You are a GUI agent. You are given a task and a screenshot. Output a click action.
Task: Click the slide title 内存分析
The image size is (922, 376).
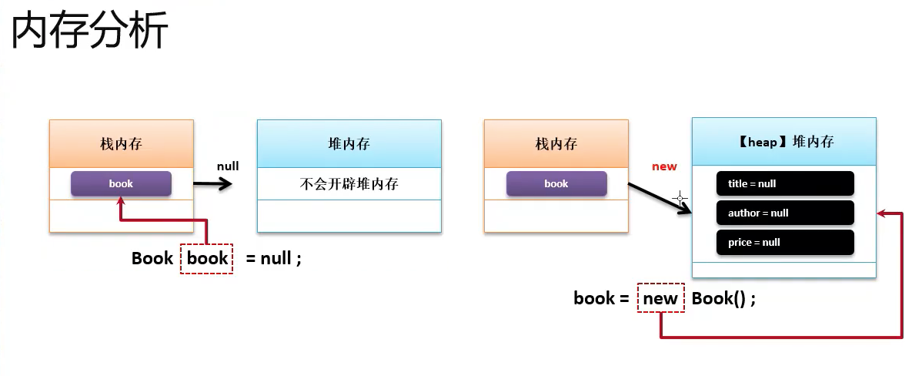tap(90, 32)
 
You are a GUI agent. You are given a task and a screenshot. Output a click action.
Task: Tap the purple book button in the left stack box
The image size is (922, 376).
tap(121, 183)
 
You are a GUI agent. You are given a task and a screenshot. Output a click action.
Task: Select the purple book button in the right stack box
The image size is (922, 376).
tap(556, 183)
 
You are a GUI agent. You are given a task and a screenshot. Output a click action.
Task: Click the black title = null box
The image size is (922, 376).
tap(785, 183)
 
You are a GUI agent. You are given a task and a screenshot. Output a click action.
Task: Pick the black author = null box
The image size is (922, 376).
tap(785, 213)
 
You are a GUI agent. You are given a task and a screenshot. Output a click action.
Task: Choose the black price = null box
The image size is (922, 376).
tap(785, 242)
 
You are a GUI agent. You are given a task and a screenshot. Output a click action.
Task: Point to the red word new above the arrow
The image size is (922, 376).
tap(664, 166)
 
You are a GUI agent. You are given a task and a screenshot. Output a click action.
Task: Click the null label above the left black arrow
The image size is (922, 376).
tap(228, 166)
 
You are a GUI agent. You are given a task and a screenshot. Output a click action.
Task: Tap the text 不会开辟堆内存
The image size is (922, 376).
tap(349, 184)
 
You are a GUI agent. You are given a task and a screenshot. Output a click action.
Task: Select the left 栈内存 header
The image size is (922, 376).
tap(121, 144)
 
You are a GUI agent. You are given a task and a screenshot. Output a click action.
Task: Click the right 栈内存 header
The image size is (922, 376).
tap(556, 144)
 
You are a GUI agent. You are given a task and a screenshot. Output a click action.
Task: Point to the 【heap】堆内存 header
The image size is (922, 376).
tap(784, 142)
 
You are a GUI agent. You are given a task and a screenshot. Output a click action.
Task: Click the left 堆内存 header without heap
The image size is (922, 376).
tap(349, 144)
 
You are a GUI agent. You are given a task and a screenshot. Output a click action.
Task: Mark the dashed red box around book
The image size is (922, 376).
tap(207, 258)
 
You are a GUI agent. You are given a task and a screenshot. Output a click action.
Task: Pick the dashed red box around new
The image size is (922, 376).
tap(661, 298)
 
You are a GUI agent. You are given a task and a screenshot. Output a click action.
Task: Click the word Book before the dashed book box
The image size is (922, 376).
tap(152, 258)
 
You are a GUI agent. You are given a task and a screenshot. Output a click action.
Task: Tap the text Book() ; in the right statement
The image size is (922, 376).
tap(723, 298)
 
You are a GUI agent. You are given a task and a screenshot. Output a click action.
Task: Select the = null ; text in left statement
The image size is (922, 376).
tap(274, 258)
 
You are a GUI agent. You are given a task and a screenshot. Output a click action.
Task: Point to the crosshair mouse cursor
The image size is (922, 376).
tap(680, 198)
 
